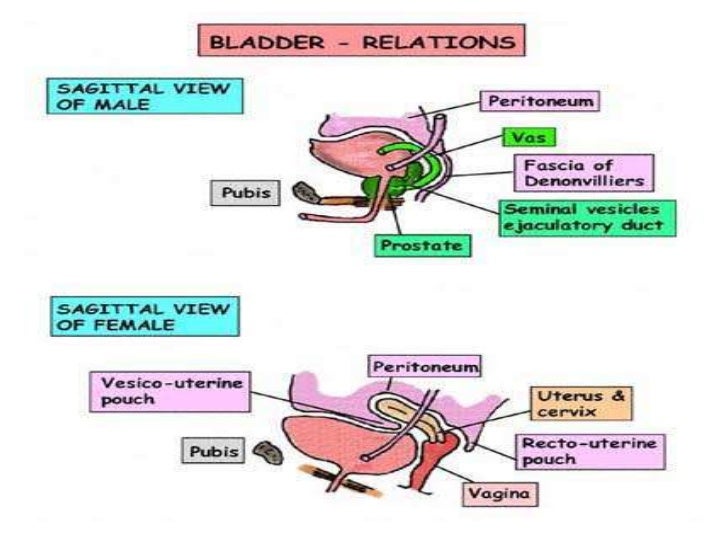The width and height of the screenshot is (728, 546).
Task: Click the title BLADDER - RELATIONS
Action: pos(363,41)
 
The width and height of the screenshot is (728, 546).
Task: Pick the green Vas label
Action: pos(523,138)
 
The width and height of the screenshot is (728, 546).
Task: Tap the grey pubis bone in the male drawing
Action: pos(302,191)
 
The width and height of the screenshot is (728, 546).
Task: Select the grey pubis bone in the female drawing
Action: pos(267,452)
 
